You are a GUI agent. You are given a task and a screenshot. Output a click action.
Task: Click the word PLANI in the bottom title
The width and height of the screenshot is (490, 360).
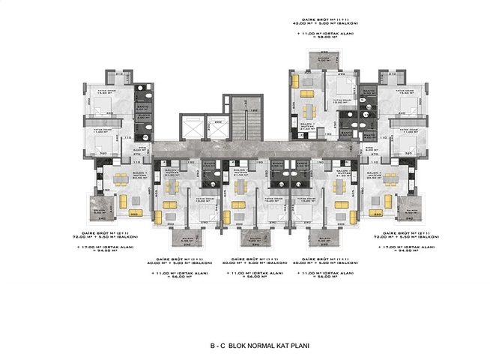click(x=297, y=346)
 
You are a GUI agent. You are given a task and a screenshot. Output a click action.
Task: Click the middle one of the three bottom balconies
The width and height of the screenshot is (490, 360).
click(x=251, y=238)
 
